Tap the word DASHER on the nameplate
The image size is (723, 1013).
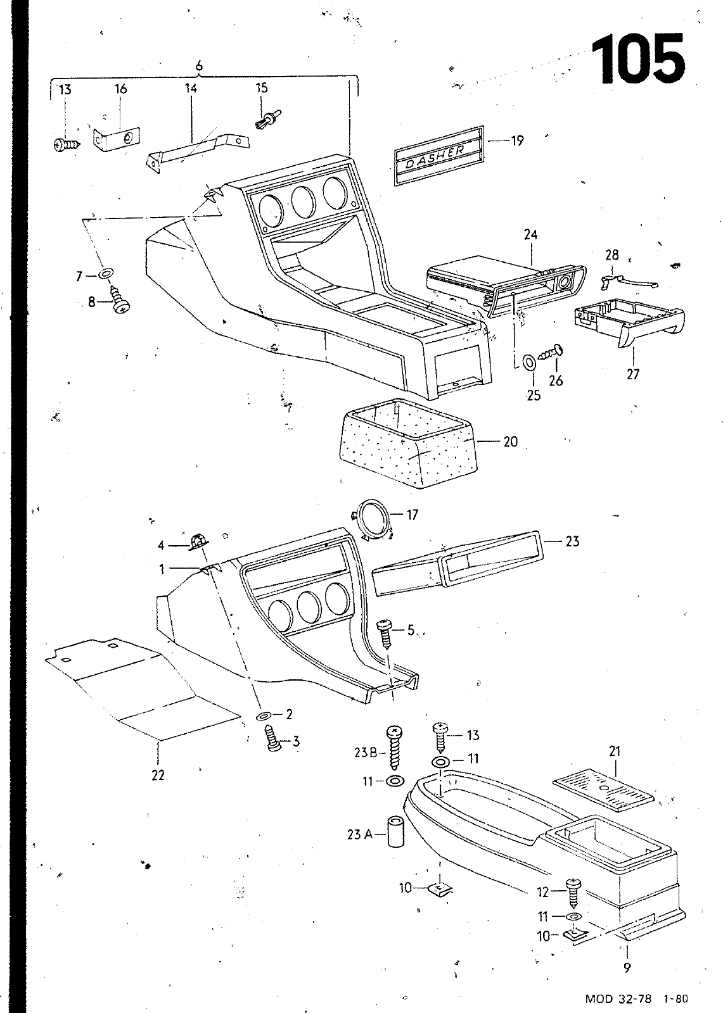pos(435,155)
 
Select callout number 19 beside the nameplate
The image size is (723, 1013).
pos(517,141)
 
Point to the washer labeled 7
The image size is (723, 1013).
pos(105,273)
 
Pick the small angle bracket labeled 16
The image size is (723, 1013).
pos(116,139)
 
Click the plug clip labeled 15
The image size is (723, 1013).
pos(267,119)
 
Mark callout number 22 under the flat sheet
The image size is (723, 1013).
pos(158,775)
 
